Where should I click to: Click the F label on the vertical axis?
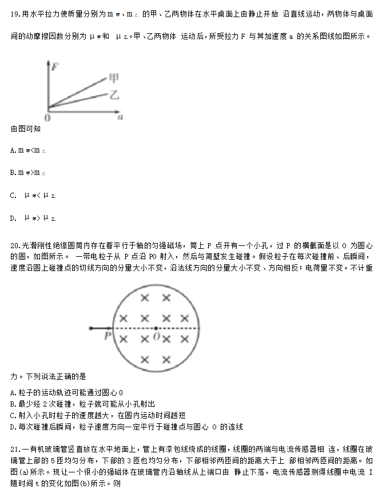(x=55, y=67)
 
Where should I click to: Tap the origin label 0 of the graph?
(x=47, y=117)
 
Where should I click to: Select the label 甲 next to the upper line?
(x=114, y=78)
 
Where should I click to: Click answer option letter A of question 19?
(x=13, y=150)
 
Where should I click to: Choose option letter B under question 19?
(x=13, y=172)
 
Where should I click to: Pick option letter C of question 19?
(x=13, y=195)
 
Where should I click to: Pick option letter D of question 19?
(x=13, y=218)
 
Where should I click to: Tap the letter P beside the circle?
(x=107, y=337)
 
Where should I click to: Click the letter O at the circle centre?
(x=156, y=336)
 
